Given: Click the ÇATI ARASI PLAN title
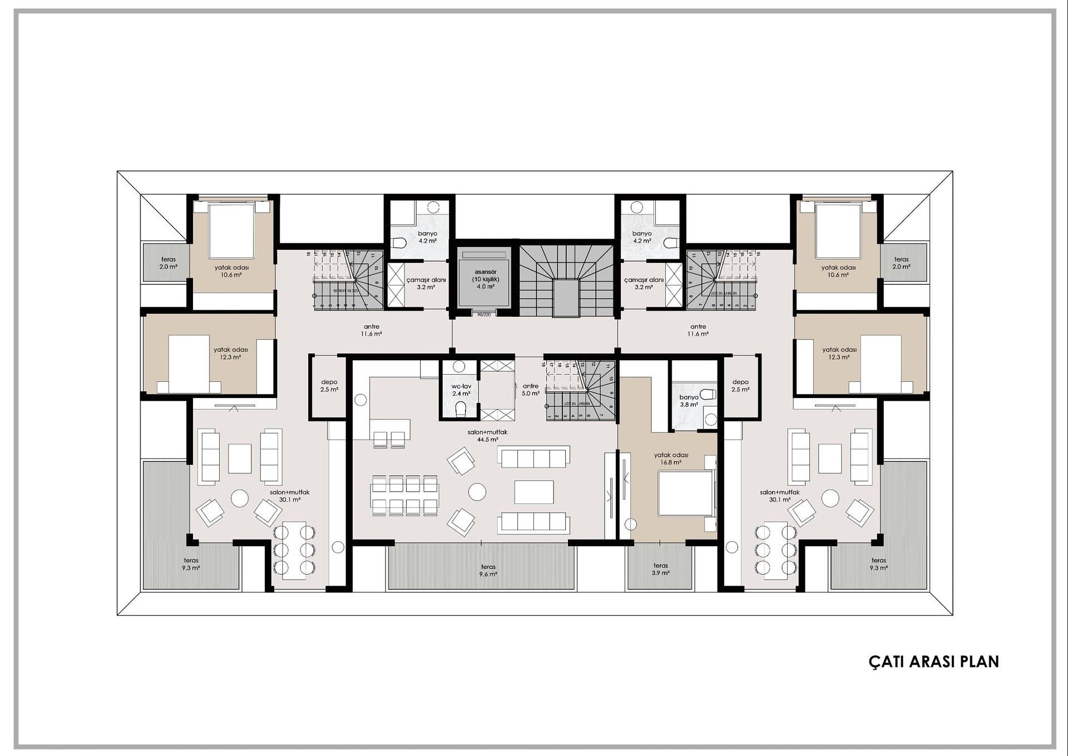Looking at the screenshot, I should coord(933,661).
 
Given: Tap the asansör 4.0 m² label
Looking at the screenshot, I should coord(485,279).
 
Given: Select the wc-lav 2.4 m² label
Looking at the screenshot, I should coord(461,390).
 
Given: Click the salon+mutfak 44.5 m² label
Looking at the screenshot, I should coord(487,435).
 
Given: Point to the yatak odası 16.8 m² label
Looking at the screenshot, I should coord(671,458).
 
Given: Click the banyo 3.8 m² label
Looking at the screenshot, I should coord(689,401).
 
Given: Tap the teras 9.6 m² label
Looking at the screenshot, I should coord(488,570).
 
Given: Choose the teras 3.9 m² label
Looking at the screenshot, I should coord(660,569).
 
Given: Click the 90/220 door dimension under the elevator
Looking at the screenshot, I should coord(484,315).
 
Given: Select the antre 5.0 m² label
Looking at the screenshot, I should coord(530,389).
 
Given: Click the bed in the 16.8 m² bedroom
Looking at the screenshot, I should coord(685,493).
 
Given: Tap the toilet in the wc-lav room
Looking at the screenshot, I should coord(461,410).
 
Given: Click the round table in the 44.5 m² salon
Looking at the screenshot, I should coord(477,492).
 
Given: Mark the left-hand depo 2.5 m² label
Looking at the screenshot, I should coord(329,386).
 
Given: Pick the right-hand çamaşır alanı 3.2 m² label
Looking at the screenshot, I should coord(644,283).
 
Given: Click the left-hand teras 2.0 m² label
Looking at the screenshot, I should coord(168,263).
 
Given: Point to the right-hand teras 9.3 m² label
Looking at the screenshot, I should coord(878,564).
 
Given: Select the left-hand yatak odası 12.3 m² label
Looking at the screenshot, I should coord(230,353).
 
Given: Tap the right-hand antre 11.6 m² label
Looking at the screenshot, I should coord(698,330).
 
